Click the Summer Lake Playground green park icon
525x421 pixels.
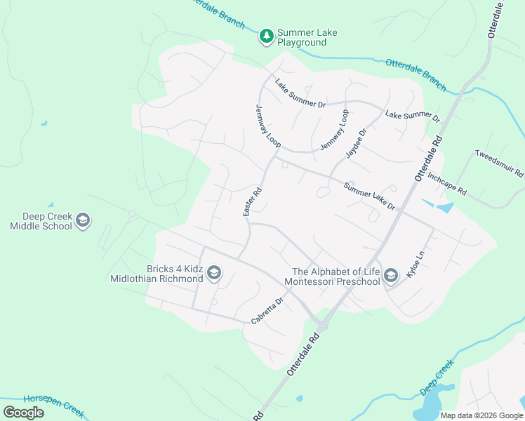266,36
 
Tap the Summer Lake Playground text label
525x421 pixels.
302,37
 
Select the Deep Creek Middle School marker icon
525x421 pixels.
83,221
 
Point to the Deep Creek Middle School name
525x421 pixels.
41,221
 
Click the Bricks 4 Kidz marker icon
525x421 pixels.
214,273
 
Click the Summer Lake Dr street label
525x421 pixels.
369,196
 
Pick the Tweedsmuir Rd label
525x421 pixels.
499,163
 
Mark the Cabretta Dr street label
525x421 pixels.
267,311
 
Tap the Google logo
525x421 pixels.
23,413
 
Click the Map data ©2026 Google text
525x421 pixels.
481,415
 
